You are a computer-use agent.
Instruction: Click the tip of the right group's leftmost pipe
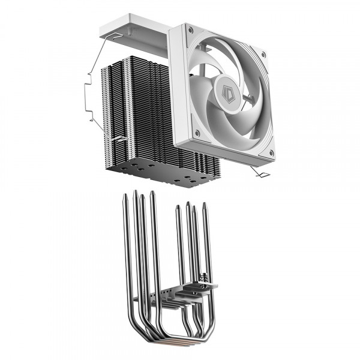178,208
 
